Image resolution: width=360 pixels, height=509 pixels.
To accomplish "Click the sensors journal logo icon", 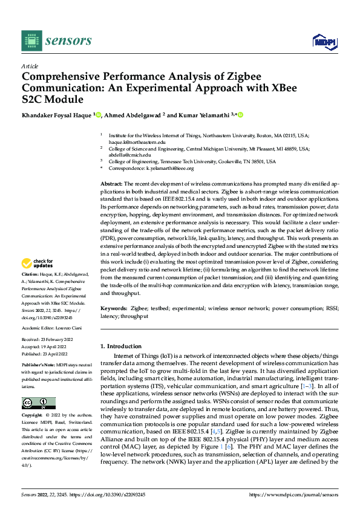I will tap(31, 41).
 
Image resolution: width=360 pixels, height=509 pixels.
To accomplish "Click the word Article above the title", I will tap(30, 66).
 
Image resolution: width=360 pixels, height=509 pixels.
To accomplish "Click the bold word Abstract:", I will tap(111, 183).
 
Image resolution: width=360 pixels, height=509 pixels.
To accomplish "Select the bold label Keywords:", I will tap(114, 308).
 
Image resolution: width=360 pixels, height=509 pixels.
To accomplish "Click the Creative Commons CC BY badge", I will tap(38, 403).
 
